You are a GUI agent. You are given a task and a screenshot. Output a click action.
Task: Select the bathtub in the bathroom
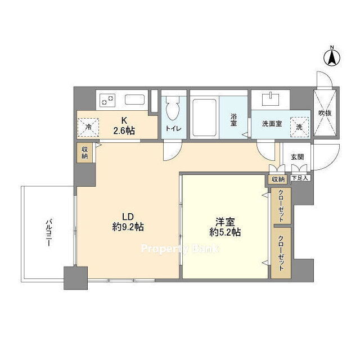point(204,118)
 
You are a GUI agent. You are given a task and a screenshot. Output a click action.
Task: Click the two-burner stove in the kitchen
point(107,100)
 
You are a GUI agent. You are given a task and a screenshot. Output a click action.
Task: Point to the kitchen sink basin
point(135,100)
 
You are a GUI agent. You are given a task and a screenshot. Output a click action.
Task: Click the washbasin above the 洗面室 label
point(271,99)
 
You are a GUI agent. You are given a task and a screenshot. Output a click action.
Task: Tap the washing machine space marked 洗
point(299,127)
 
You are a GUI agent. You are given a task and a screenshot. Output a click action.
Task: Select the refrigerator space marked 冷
point(88,128)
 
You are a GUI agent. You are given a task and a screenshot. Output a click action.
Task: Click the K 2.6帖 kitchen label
point(124,126)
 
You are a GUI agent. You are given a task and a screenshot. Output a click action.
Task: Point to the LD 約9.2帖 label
point(128,222)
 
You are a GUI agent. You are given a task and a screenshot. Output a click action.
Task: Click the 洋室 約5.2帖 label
point(225,227)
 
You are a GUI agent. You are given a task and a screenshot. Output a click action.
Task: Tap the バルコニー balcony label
point(48,233)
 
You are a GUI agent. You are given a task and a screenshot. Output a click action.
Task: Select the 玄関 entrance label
point(298,157)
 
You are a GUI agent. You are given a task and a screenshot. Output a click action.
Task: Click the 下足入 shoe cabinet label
point(300,178)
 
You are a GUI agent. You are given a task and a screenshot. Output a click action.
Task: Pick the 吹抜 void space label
point(325,112)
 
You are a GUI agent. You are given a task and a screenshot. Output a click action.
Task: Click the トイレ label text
point(174,128)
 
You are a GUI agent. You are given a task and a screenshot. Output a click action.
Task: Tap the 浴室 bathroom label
point(233,120)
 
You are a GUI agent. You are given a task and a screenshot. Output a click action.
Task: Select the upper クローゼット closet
point(281,205)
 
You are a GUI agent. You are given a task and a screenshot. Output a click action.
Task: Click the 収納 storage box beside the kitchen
point(85,152)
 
